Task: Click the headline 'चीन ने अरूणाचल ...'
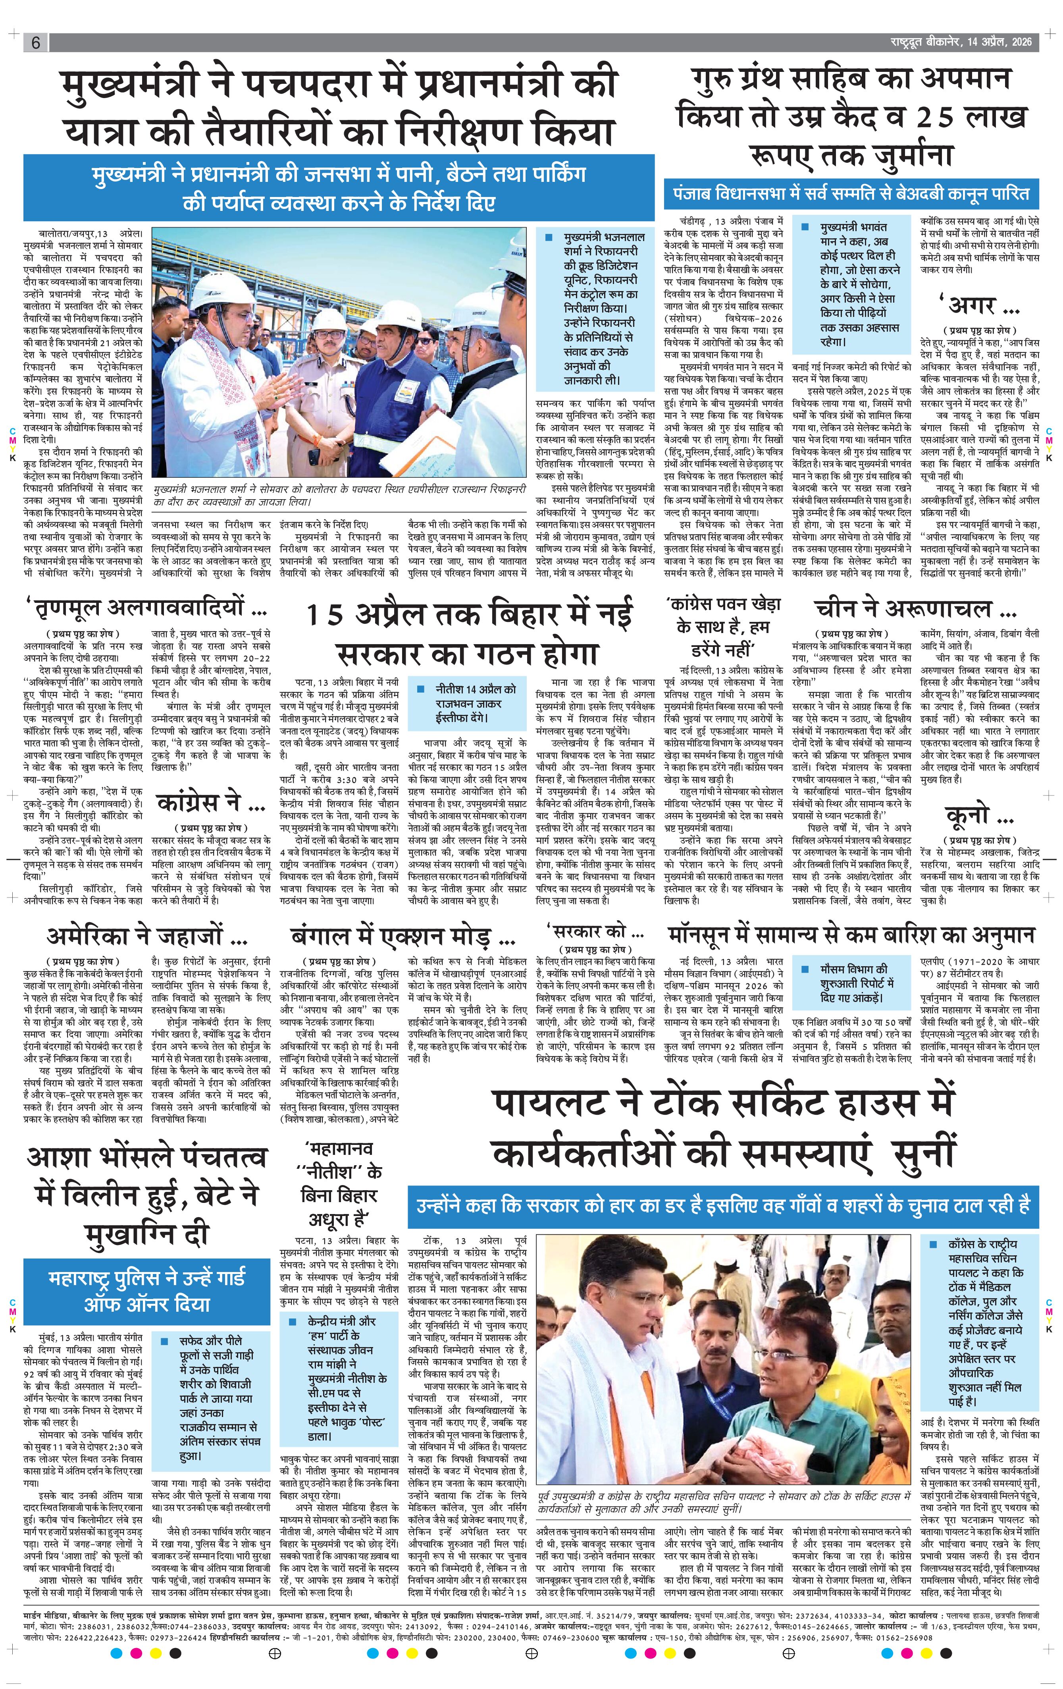pyautogui.click(x=911, y=608)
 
